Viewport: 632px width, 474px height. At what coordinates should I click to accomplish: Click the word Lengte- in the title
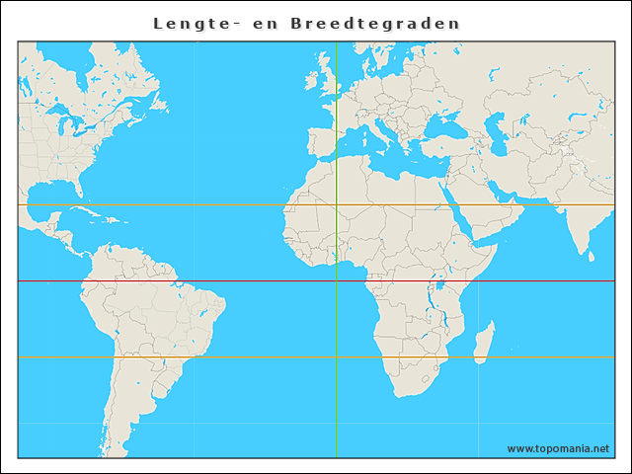(187, 23)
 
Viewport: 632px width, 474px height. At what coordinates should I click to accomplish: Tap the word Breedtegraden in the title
(375, 23)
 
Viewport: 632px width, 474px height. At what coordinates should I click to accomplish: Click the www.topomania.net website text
(558, 448)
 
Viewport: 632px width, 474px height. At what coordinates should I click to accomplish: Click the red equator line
(197, 281)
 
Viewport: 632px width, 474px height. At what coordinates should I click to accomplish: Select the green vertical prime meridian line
(336, 395)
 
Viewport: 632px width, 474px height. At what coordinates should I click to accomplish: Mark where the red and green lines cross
(336, 281)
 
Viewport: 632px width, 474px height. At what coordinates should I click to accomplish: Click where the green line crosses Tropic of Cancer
(336, 204)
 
